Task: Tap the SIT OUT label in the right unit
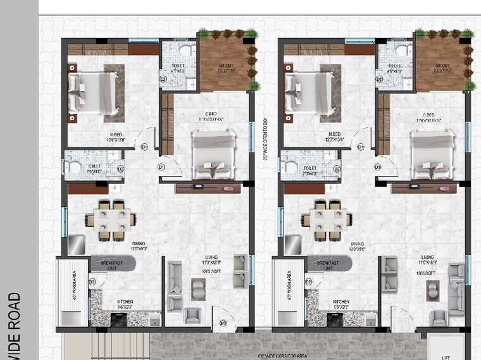(x=442, y=66)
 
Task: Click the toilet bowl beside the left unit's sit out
(x=186, y=51)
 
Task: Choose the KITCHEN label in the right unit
(x=341, y=302)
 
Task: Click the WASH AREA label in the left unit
(x=75, y=285)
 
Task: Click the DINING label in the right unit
(x=358, y=244)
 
